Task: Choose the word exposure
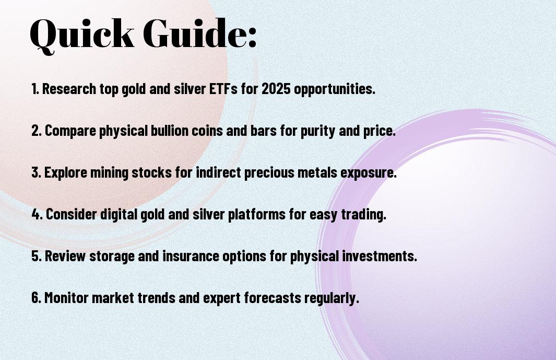point(369,173)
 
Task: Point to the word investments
point(380,256)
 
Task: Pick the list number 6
point(36,297)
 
